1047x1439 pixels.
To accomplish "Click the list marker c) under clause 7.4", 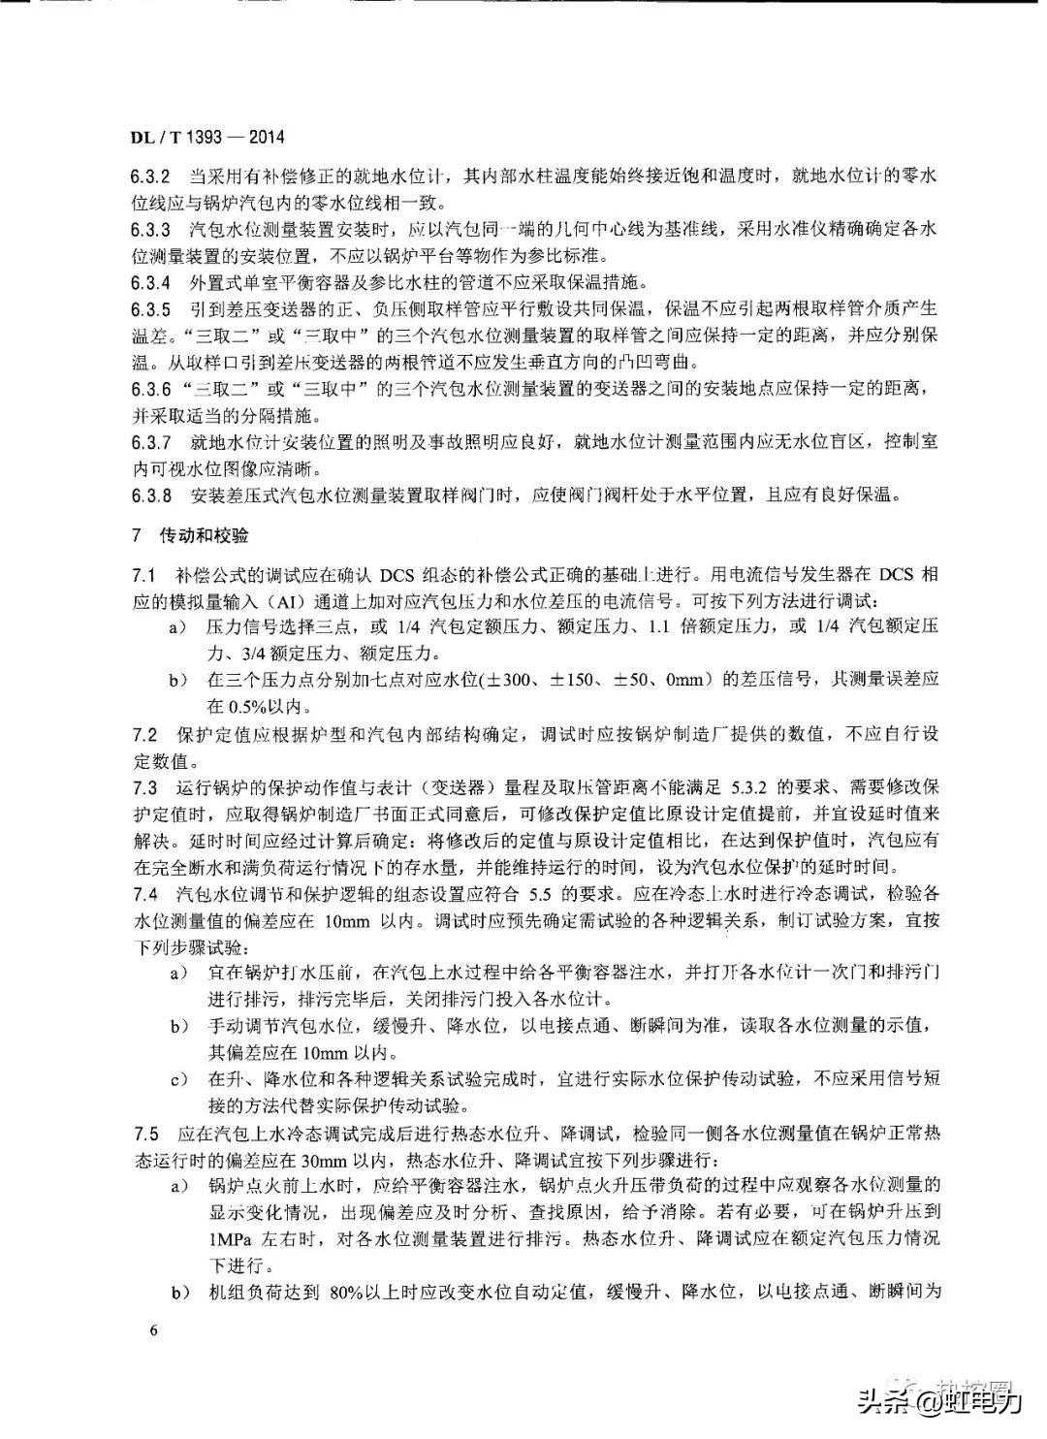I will pyautogui.click(x=178, y=1079).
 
